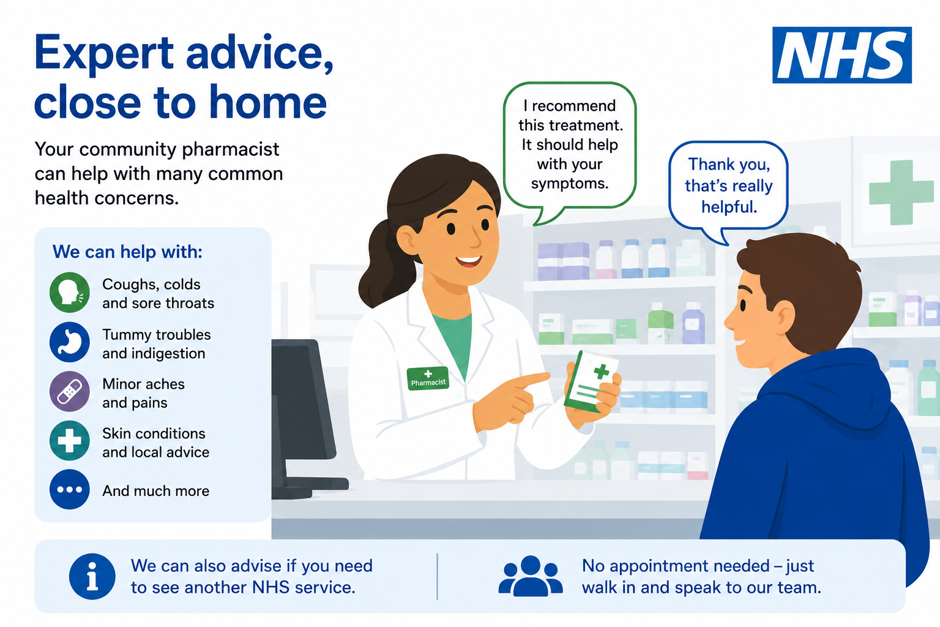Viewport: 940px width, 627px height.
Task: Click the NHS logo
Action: tap(842, 55)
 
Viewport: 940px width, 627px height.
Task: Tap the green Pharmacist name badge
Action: tap(428, 378)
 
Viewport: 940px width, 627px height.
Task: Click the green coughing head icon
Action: tap(70, 292)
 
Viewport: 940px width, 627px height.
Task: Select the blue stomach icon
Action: tap(70, 342)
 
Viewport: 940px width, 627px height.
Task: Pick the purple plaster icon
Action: tap(70, 391)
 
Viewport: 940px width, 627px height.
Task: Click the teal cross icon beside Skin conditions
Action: tap(70, 440)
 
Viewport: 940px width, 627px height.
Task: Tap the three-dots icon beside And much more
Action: tap(70, 490)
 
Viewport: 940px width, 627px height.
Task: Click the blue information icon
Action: tap(92, 576)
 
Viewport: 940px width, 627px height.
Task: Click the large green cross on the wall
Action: tap(901, 192)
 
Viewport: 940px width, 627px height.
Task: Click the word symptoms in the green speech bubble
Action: tap(570, 184)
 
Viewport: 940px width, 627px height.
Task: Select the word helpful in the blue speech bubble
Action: tap(729, 207)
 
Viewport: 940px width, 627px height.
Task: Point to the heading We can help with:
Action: tap(127, 252)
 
